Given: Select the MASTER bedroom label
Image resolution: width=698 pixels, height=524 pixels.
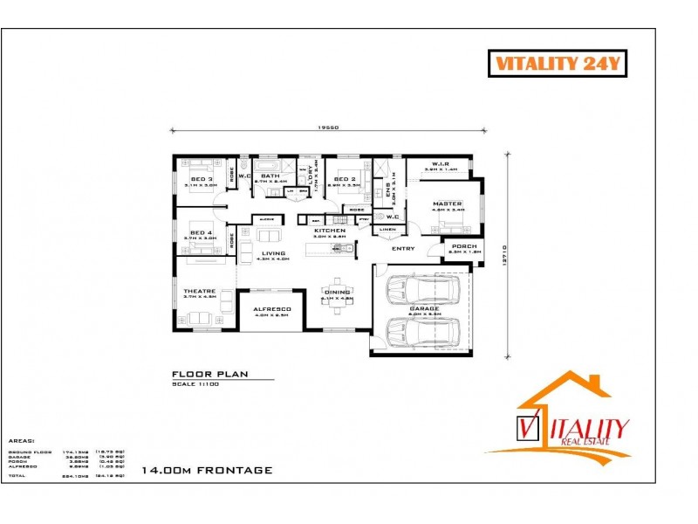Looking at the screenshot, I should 448,203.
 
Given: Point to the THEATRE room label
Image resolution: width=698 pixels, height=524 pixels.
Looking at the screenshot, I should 194,292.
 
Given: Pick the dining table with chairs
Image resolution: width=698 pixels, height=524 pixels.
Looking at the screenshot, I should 336,290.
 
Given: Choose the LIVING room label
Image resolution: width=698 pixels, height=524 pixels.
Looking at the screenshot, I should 274,253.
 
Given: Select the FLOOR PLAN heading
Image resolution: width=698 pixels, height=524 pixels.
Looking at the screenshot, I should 210,374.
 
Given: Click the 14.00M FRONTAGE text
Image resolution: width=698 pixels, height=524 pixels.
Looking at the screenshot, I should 208,470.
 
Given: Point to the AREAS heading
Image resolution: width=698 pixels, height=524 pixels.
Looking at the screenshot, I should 21,441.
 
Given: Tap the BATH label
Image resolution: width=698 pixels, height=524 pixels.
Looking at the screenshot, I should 270,176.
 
